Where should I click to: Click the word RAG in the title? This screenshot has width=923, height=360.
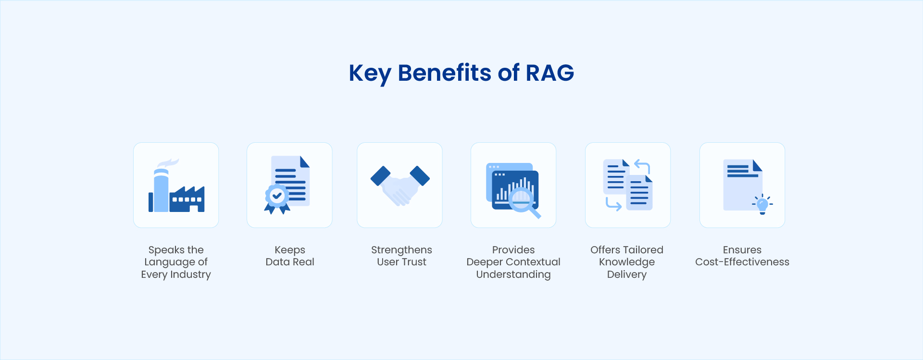550,73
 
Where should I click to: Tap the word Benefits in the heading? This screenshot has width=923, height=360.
445,73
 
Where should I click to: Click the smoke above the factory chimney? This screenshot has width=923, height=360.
168,163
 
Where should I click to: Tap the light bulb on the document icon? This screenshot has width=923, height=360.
762,205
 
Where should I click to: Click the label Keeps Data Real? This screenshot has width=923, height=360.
290,256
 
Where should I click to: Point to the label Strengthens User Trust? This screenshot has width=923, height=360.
401,256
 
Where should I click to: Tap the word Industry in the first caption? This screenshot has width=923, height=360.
190,274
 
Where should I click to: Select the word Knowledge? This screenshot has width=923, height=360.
627,262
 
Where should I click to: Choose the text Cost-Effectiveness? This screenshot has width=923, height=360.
742,262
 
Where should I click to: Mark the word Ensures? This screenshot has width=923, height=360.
742,250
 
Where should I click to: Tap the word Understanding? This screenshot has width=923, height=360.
513,274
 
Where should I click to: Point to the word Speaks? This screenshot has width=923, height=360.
166,250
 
